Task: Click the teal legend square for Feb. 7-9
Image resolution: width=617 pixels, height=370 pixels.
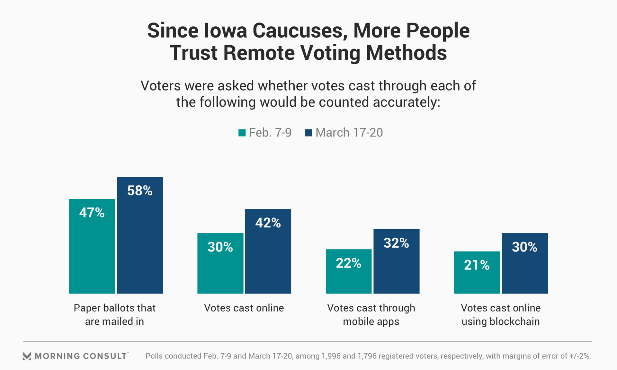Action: click(x=242, y=133)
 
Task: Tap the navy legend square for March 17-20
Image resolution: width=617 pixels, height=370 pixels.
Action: click(x=308, y=133)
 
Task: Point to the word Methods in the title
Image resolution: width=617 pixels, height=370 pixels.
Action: click(x=406, y=53)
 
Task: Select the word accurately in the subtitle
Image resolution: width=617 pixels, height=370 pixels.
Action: click(x=407, y=102)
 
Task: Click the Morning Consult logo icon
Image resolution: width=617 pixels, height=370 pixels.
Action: click(x=27, y=356)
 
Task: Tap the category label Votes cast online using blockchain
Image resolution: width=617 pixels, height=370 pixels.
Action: click(x=501, y=314)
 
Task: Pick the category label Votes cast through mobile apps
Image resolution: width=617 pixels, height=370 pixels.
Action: click(x=371, y=314)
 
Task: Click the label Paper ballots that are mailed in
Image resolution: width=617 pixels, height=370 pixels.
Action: click(x=114, y=314)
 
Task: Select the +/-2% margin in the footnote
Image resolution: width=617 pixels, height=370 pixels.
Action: click(x=580, y=356)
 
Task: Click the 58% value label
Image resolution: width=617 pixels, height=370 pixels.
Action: click(x=140, y=191)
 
